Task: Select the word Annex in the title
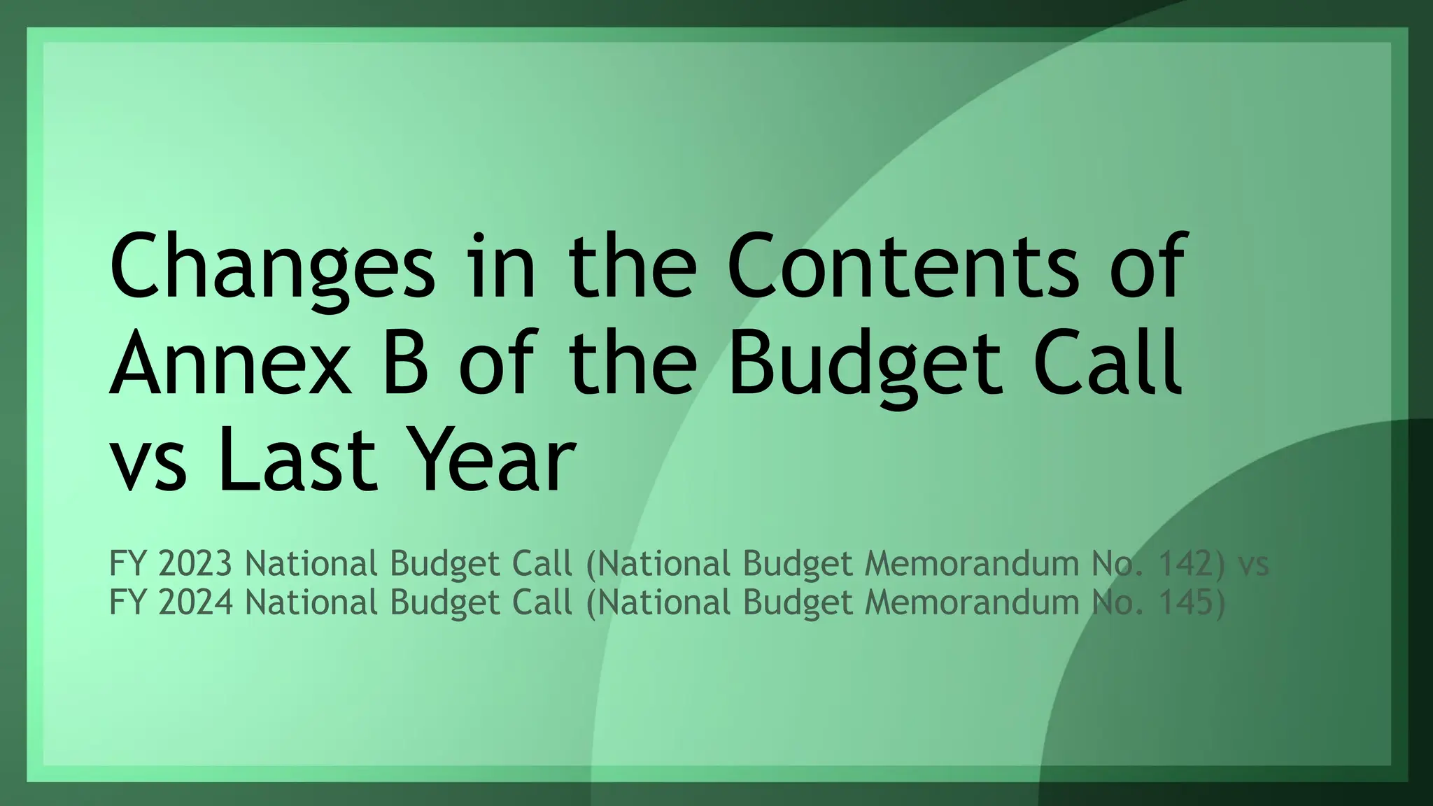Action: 230,364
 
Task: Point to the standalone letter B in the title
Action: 406,364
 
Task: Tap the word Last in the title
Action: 299,460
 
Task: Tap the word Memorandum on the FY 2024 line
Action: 972,602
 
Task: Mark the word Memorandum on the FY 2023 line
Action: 972,563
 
